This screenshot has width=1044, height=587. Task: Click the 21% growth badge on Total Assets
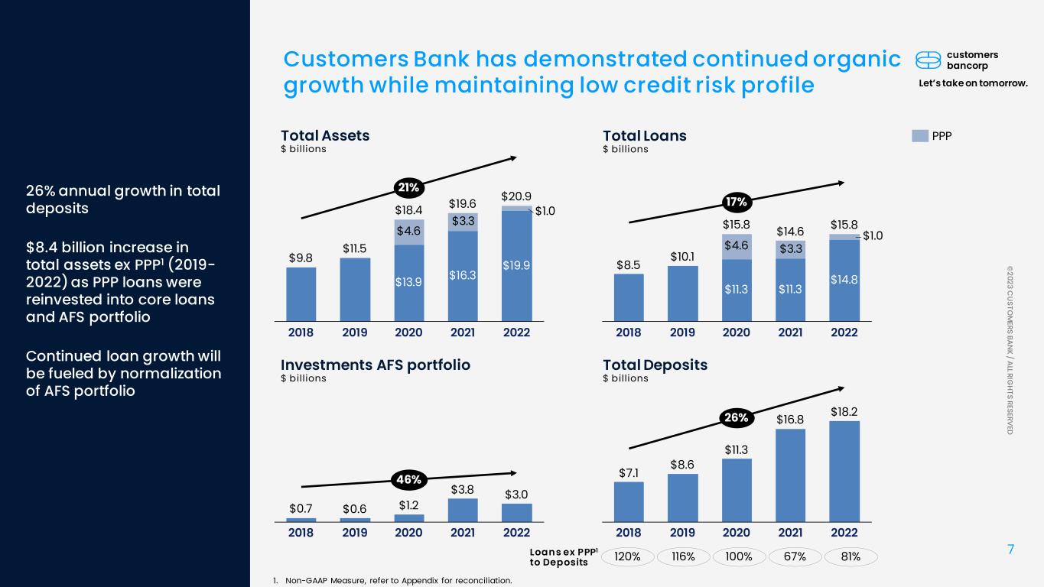pyautogui.click(x=408, y=188)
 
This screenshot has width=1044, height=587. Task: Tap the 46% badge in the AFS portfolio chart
pyautogui.click(x=408, y=479)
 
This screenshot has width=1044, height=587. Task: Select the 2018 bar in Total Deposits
pyautogui.click(x=629, y=501)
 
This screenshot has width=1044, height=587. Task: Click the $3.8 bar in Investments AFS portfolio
pyautogui.click(x=463, y=510)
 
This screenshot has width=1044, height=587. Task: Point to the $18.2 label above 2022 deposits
pyautogui.click(x=844, y=412)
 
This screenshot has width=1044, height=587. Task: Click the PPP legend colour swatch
pyautogui.click(x=920, y=136)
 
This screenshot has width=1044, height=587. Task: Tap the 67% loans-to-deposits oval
pyautogui.click(x=795, y=556)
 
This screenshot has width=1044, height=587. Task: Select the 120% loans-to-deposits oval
pyautogui.click(x=627, y=556)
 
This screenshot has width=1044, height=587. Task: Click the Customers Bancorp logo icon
pyautogui.click(x=928, y=60)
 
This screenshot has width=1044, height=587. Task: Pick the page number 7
pyautogui.click(x=1010, y=550)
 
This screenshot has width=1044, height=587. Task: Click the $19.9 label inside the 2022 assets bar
pyautogui.click(x=516, y=265)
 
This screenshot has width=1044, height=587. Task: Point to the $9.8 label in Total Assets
pyautogui.click(x=301, y=258)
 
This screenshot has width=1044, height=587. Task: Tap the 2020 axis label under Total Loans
pyautogui.click(x=737, y=332)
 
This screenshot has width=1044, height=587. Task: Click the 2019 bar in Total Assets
pyautogui.click(x=355, y=290)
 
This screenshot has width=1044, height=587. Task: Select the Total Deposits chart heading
pyautogui.click(x=655, y=365)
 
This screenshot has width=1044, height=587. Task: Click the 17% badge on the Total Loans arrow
pyautogui.click(x=737, y=202)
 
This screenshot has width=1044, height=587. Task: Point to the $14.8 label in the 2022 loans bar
pyautogui.click(x=844, y=280)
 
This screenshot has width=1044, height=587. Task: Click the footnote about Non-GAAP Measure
pyautogui.click(x=392, y=580)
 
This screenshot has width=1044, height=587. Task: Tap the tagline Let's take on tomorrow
pyautogui.click(x=973, y=83)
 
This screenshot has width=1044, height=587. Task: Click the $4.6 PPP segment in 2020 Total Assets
pyautogui.click(x=409, y=232)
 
